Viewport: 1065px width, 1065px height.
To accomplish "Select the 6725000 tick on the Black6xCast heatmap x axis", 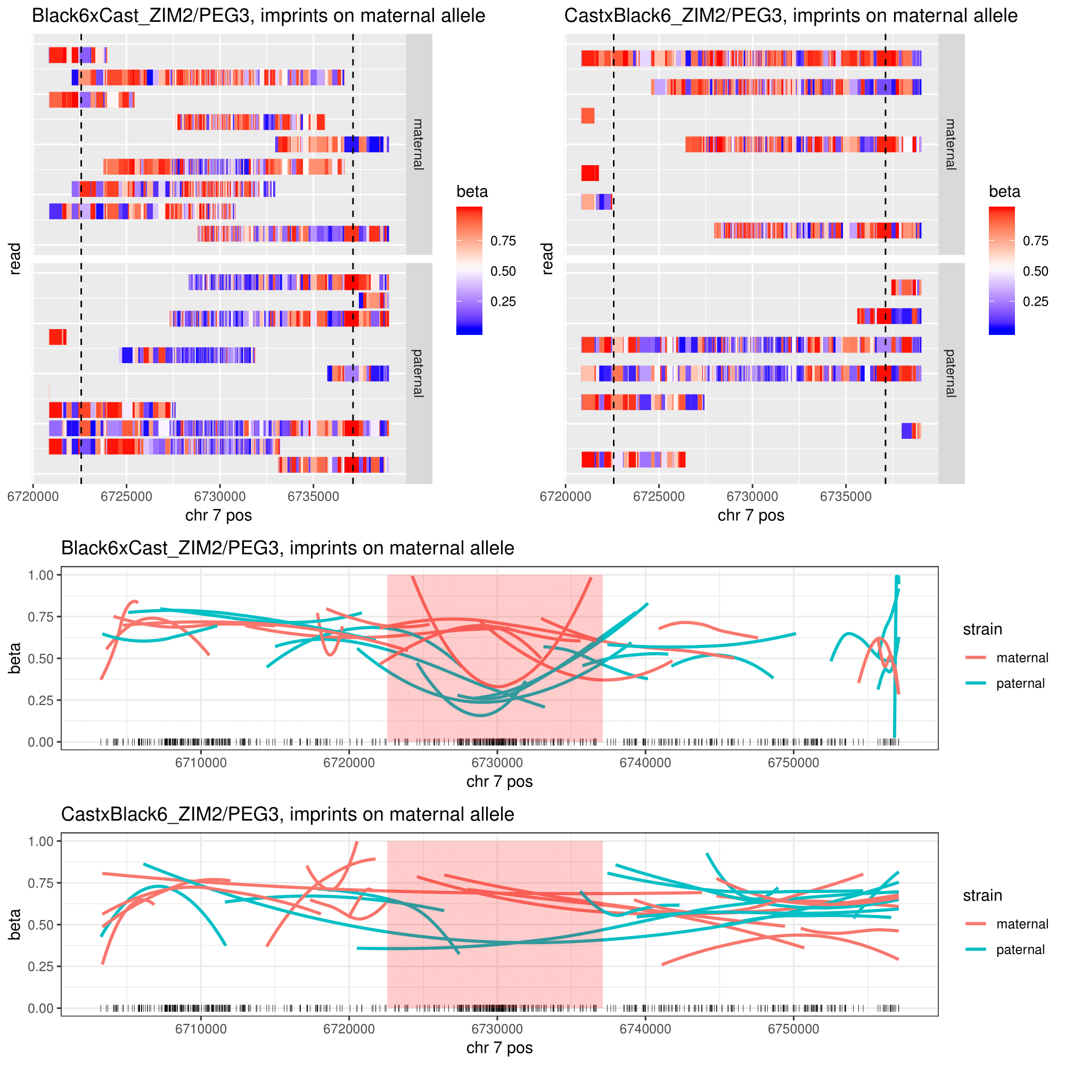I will point(126,496).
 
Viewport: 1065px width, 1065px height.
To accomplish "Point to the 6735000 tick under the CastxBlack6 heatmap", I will point(846,496).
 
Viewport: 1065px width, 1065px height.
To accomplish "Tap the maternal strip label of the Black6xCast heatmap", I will point(419,144).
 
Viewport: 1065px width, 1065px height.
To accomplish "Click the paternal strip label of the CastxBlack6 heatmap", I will point(951,373).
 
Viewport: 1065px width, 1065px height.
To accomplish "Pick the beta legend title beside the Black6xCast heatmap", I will point(472,192).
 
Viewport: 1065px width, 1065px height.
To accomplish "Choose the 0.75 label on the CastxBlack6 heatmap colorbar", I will point(1035,241).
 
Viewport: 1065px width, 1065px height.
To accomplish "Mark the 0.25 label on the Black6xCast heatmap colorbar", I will point(503,301).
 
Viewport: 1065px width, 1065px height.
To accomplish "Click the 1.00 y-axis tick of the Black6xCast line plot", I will point(41,575).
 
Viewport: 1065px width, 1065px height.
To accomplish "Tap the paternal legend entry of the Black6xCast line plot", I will point(1020,684).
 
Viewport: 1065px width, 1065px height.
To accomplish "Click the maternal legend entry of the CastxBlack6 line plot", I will point(1022,924).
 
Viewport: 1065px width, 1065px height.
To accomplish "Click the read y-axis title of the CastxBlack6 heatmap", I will point(547,259).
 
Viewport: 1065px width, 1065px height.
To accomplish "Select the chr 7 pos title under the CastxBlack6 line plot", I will point(499,1047).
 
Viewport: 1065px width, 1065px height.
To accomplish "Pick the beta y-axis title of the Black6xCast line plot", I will point(15,658).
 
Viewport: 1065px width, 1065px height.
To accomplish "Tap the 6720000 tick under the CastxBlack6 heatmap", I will point(565,496).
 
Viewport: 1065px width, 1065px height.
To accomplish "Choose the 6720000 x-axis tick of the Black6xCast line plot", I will point(349,763).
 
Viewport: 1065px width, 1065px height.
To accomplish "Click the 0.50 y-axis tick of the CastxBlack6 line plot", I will point(41,924).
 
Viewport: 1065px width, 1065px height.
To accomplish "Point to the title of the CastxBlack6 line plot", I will point(287,814).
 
